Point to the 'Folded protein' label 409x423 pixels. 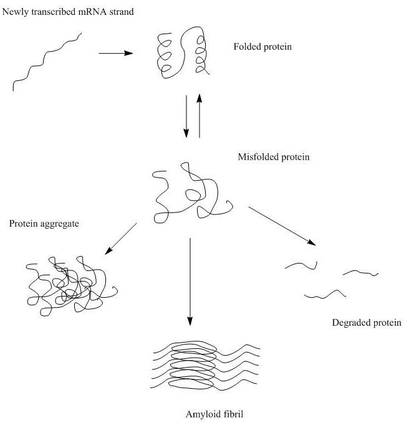pos(262,47)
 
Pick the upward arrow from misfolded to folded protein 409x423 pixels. pos(200,116)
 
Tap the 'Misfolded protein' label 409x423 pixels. pos(274,158)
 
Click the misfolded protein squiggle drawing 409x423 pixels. pos(190,193)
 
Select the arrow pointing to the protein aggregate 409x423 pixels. pos(122,239)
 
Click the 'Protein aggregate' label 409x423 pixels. pos(44,224)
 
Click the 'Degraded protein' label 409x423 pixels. pos(367,323)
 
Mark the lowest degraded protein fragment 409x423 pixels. pos(325,293)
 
